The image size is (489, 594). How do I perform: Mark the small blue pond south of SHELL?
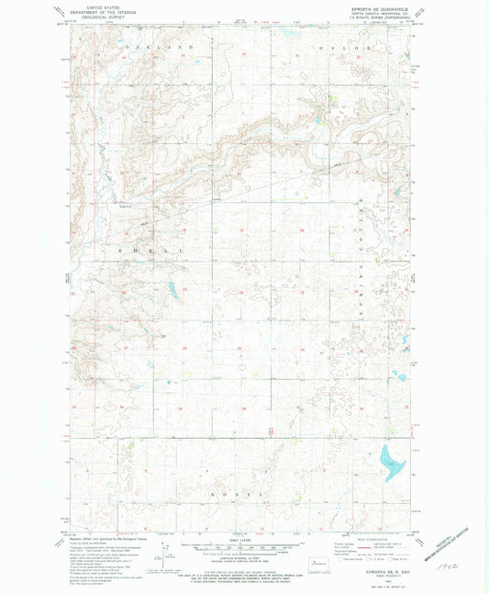pyautogui.click(x=172, y=292)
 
